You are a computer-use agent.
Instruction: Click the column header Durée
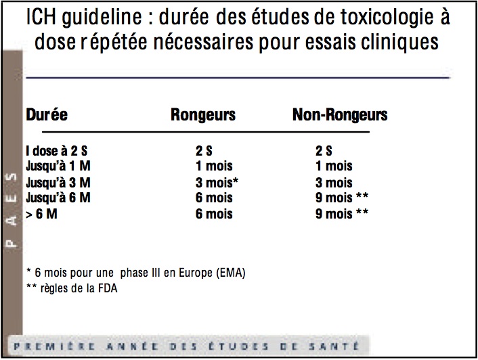pyautogui.click(x=47, y=114)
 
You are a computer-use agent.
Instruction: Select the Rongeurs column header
pyautogui.click(x=203, y=114)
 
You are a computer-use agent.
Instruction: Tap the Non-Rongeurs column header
pyautogui.click(x=339, y=114)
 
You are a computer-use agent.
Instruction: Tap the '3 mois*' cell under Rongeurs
pyautogui.click(x=217, y=183)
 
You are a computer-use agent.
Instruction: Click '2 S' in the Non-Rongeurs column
pyautogui.click(x=324, y=151)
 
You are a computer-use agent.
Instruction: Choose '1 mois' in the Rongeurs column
pyautogui.click(x=213, y=166)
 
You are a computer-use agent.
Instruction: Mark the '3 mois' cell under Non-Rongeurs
pyautogui.click(x=334, y=183)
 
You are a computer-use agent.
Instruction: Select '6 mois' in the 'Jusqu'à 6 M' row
pyautogui.click(x=213, y=198)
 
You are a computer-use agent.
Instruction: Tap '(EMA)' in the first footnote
pyautogui.click(x=229, y=273)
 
